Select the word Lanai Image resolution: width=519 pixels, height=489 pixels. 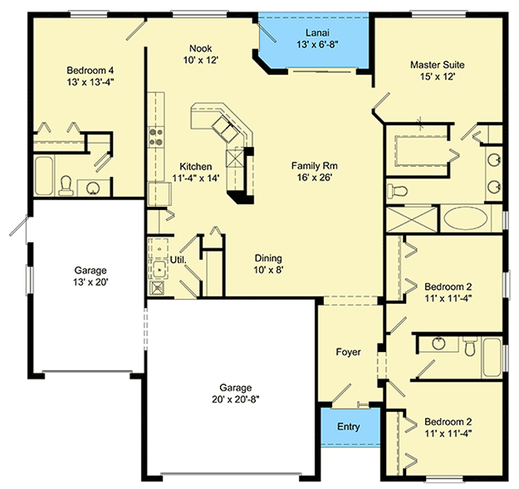tap(314, 33)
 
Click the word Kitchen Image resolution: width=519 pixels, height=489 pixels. tap(196, 166)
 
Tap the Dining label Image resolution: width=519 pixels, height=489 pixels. tap(268, 258)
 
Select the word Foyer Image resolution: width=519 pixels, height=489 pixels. tap(348, 352)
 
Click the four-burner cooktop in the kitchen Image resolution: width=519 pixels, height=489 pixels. tap(158, 135)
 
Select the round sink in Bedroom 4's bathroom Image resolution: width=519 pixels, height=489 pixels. tap(95, 187)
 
